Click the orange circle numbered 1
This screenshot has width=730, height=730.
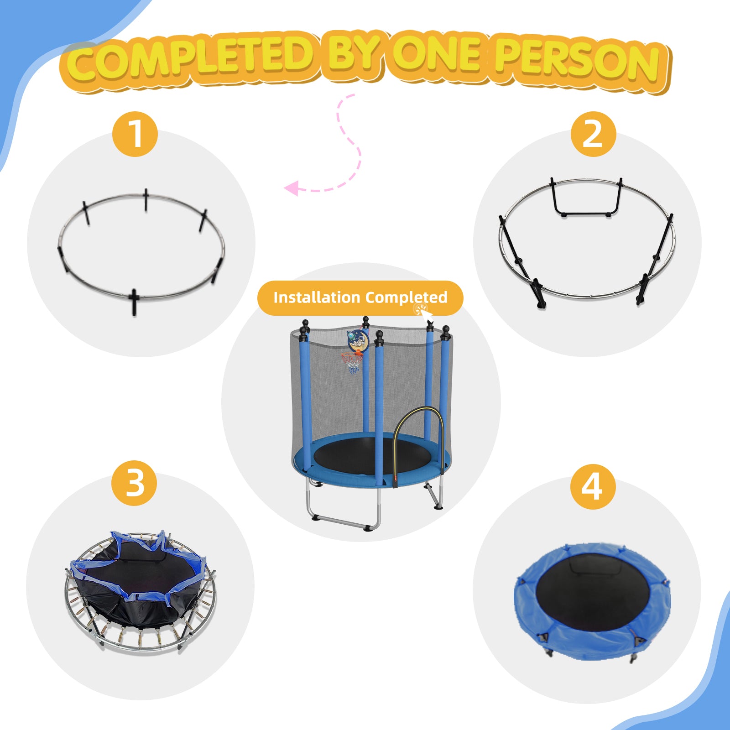click(135, 134)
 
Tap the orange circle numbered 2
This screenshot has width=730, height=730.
click(593, 134)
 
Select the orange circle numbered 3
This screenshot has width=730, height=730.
click(134, 483)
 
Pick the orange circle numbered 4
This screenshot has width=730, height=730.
click(593, 487)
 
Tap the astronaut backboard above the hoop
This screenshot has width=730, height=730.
click(357, 340)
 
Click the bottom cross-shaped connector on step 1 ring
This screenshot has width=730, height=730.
click(134, 301)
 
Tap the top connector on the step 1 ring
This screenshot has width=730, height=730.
click(146, 199)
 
